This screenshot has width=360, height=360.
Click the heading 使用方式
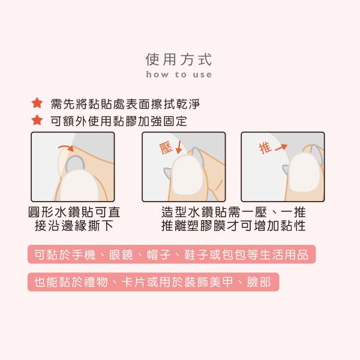coord(179,59)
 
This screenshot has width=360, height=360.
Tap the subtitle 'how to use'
coord(179,75)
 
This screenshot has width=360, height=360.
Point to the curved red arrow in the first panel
coord(64,147)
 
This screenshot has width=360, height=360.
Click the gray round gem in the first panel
coord(75,164)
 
